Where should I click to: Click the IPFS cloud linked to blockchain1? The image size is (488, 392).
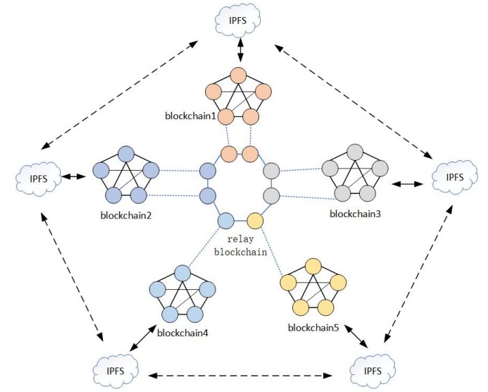pyautogui.click(x=239, y=20)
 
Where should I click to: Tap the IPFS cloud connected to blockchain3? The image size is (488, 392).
pyautogui.click(x=455, y=178)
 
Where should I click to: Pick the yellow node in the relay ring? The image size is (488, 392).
pyautogui.click(x=255, y=220)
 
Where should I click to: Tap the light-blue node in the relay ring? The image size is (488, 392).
pyautogui.click(x=226, y=220)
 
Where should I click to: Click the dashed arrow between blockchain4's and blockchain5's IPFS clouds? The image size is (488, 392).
pyautogui.click(x=243, y=374)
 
